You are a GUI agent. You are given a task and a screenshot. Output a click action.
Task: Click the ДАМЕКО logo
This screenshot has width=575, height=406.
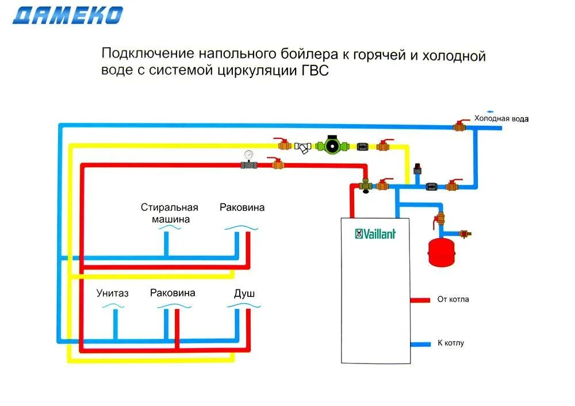pyautogui.click(x=68, y=15)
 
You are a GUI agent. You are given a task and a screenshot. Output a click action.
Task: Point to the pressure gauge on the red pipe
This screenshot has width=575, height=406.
pyautogui.click(x=249, y=155)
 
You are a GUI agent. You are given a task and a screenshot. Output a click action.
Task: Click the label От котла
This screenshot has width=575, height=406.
pyautogui.click(x=453, y=299)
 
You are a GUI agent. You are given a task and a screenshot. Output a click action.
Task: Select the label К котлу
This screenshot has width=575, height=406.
pyautogui.click(x=451, y=343)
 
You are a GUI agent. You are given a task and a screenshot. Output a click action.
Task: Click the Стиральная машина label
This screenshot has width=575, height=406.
pyautogui.click(x=170, y=213)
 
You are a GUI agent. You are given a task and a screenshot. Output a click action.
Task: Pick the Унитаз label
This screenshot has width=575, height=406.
pyautogui.click(x=113, y=293)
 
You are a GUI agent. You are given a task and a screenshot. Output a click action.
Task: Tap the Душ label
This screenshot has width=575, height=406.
pyautogui.click(x=244, y=293)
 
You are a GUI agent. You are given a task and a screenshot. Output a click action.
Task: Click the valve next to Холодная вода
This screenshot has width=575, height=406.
pyautogui.click(x=460, y=125)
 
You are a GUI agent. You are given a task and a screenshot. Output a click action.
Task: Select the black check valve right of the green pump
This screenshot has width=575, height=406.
pyautogui.click(x=363, y=146)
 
